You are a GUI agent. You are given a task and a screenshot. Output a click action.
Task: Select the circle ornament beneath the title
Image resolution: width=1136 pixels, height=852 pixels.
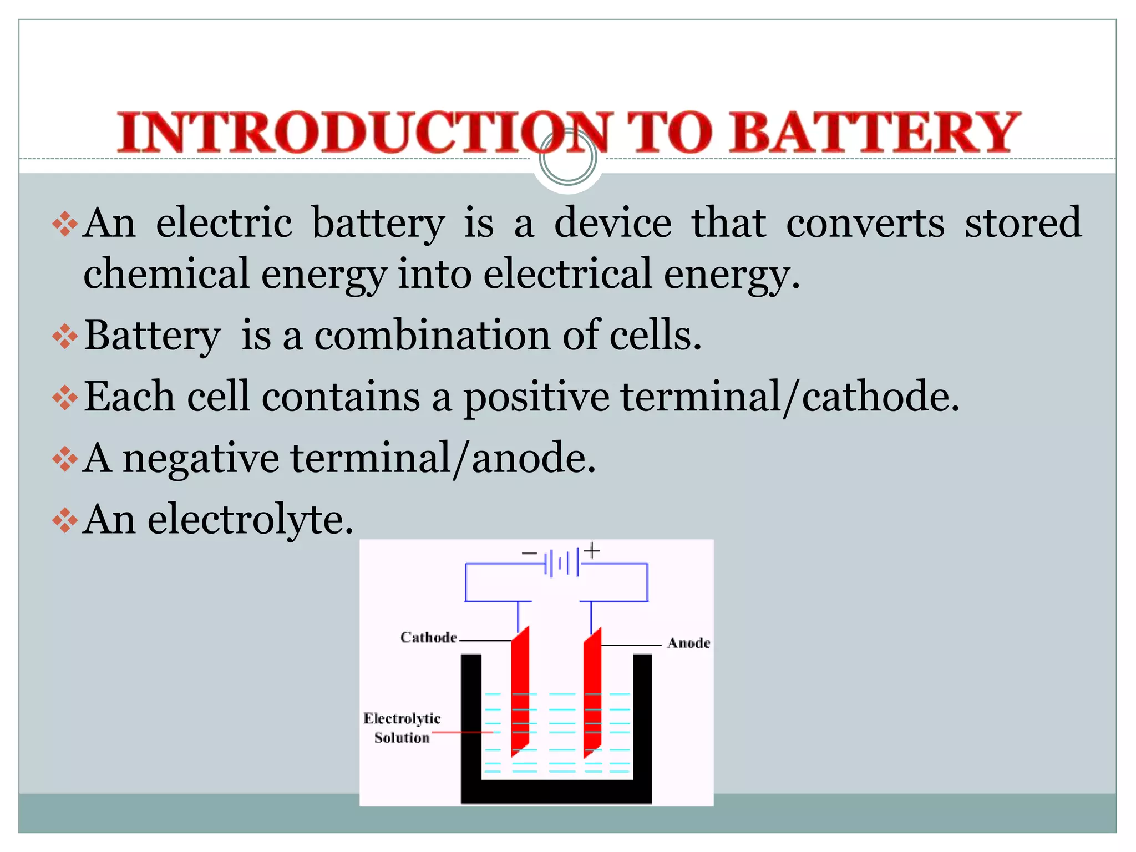click(568, 159)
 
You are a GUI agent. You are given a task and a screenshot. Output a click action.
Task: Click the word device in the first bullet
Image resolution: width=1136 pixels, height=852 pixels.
click(612, 223)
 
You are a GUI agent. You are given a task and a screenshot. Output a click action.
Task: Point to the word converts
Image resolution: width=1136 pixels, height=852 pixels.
click(865, 223)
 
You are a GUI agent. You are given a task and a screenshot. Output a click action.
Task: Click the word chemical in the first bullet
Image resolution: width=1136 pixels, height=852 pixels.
click(166, 273)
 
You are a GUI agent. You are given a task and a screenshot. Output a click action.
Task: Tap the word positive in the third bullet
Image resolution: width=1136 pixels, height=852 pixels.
click(536, 397)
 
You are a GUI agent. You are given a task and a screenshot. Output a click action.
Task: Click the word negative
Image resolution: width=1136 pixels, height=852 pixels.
click(200, 459)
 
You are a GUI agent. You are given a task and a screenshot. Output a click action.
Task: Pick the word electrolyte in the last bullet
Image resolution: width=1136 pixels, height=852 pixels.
click(250, 520)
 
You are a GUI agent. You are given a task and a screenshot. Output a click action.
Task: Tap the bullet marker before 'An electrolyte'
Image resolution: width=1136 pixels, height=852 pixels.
click(65, 520)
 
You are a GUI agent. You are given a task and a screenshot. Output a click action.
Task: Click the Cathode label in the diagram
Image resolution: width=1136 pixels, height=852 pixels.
click(428, 637)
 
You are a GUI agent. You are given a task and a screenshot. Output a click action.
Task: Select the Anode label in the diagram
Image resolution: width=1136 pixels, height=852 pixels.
click(688, 643)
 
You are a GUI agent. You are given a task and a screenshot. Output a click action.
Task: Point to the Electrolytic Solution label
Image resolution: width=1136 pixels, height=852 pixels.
click(402, 728)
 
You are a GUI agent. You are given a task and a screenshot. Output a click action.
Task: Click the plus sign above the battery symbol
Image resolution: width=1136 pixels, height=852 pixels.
click(592, 551)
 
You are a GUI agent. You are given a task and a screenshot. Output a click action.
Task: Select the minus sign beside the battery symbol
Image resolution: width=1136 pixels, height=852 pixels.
click(529, 554)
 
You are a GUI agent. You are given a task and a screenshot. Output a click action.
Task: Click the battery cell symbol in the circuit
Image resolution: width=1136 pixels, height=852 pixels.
click(562, 563)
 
